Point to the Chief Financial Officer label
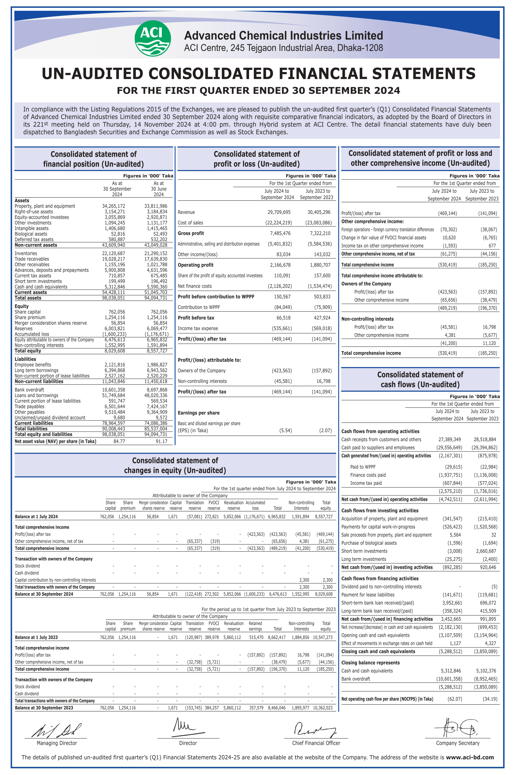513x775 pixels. click(x=316, y=743)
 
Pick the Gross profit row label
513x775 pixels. click(x=191, y=233)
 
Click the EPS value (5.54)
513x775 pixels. click(x=285, y=430)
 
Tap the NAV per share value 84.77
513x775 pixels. click(x=119, y=441)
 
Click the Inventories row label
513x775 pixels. click(x=26, y=253)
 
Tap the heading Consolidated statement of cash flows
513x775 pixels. click(x=420, y=380)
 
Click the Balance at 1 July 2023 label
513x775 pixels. click(x=36, y=637)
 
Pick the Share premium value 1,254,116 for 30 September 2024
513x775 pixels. click(x=115, y=317)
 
